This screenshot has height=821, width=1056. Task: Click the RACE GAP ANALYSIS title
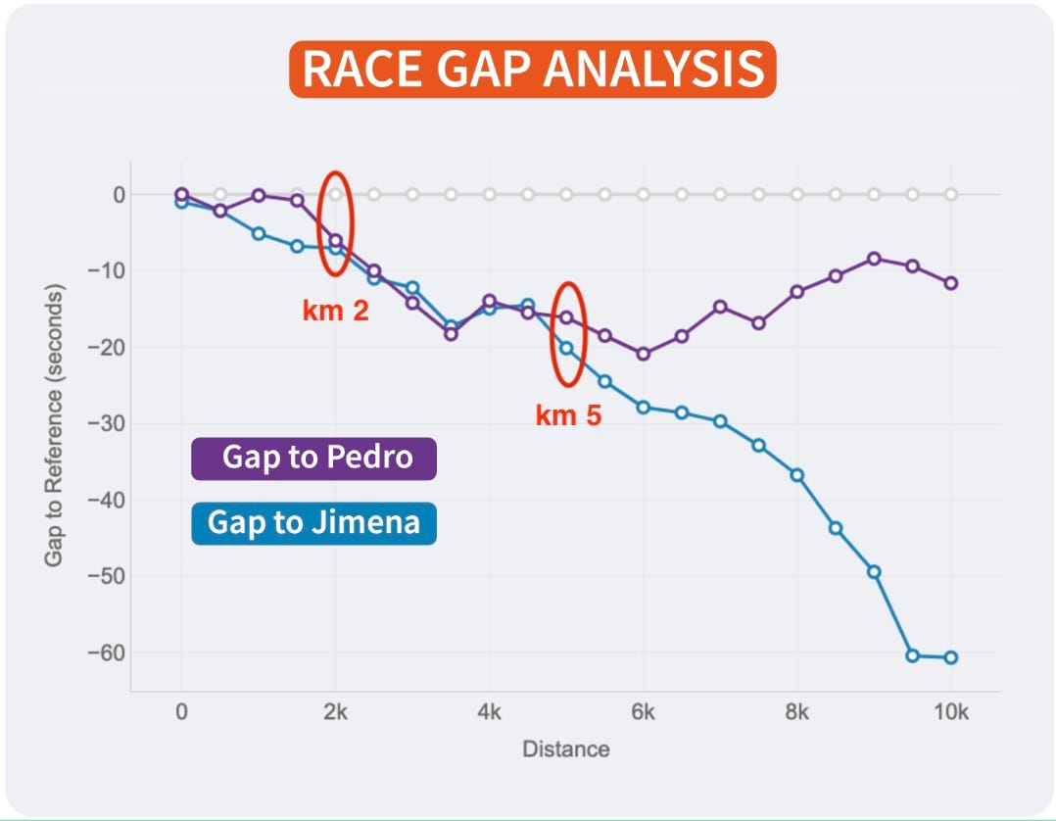(532, 70)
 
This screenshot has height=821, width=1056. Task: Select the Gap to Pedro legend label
(314, 458)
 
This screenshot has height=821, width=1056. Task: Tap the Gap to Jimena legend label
(313, 522)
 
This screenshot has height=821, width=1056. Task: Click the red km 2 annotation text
(335, 313)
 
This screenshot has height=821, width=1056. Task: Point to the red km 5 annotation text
(568, 415)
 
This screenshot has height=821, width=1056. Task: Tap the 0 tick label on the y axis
(119, 194)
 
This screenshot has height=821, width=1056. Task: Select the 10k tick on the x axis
(950, 712)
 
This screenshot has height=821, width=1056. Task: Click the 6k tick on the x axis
(643, 712)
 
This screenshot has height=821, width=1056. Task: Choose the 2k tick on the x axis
(335, 712)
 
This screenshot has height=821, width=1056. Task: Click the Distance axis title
(565, 749)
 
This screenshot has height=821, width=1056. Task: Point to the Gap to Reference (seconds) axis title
(53, 426)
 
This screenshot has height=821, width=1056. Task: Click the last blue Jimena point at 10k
(950, 657)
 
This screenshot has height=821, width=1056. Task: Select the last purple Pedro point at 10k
(950, 283)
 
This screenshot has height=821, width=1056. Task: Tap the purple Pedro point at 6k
(643, 354)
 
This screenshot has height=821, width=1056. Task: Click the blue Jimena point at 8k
(796, 475)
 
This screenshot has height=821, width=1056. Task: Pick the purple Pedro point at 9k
(874, 259)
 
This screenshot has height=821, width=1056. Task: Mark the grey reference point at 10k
(950, 194)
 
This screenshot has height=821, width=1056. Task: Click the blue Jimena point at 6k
(643, 407)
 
